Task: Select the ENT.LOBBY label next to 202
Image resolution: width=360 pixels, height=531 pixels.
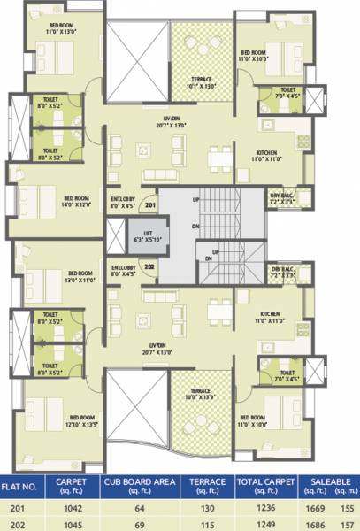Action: pyautogui.click(x=122, y=269)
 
